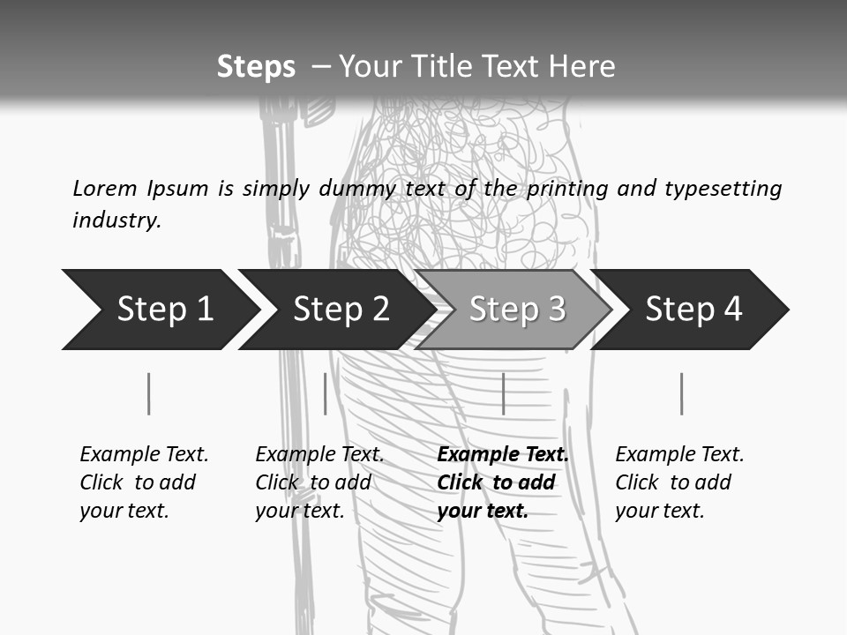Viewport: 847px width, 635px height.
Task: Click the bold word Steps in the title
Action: click(256, 67)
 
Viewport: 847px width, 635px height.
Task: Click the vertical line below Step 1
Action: click(148, 393)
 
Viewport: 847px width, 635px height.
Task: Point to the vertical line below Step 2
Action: click(325, 393)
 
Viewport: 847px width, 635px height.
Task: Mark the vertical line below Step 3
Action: click(503, 393)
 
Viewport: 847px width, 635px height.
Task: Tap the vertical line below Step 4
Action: click(681, 393)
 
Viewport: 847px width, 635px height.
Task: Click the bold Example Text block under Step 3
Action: click(502, 482)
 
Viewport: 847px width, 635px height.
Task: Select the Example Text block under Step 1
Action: click(144, 482)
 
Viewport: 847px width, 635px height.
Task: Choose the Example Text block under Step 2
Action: click(319, 482)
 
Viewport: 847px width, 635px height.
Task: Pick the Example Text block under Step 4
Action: click(679, 482)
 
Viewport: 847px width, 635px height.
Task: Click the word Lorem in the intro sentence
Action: click(104, 188)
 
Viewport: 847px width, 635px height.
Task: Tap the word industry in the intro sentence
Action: click(116, 220)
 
